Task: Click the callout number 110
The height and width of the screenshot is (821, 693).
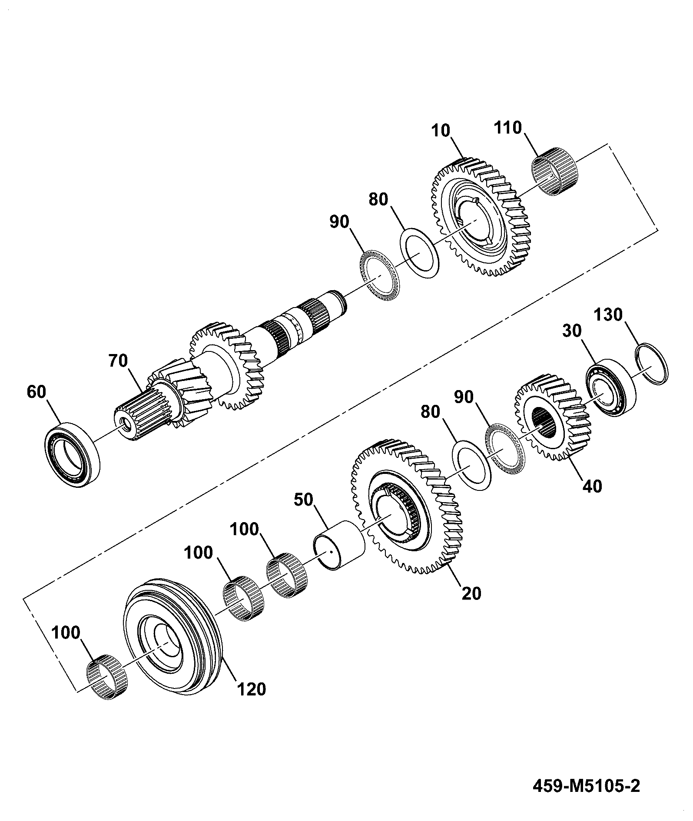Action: point(508,128)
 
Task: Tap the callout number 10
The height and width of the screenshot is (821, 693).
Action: point(442,131)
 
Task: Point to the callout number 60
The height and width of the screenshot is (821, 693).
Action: point(36,392)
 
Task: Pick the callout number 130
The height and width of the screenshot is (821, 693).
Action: point(609,314)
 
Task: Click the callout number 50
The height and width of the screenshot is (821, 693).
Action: point(303,500)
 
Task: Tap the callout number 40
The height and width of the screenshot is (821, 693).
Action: point(592,486)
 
